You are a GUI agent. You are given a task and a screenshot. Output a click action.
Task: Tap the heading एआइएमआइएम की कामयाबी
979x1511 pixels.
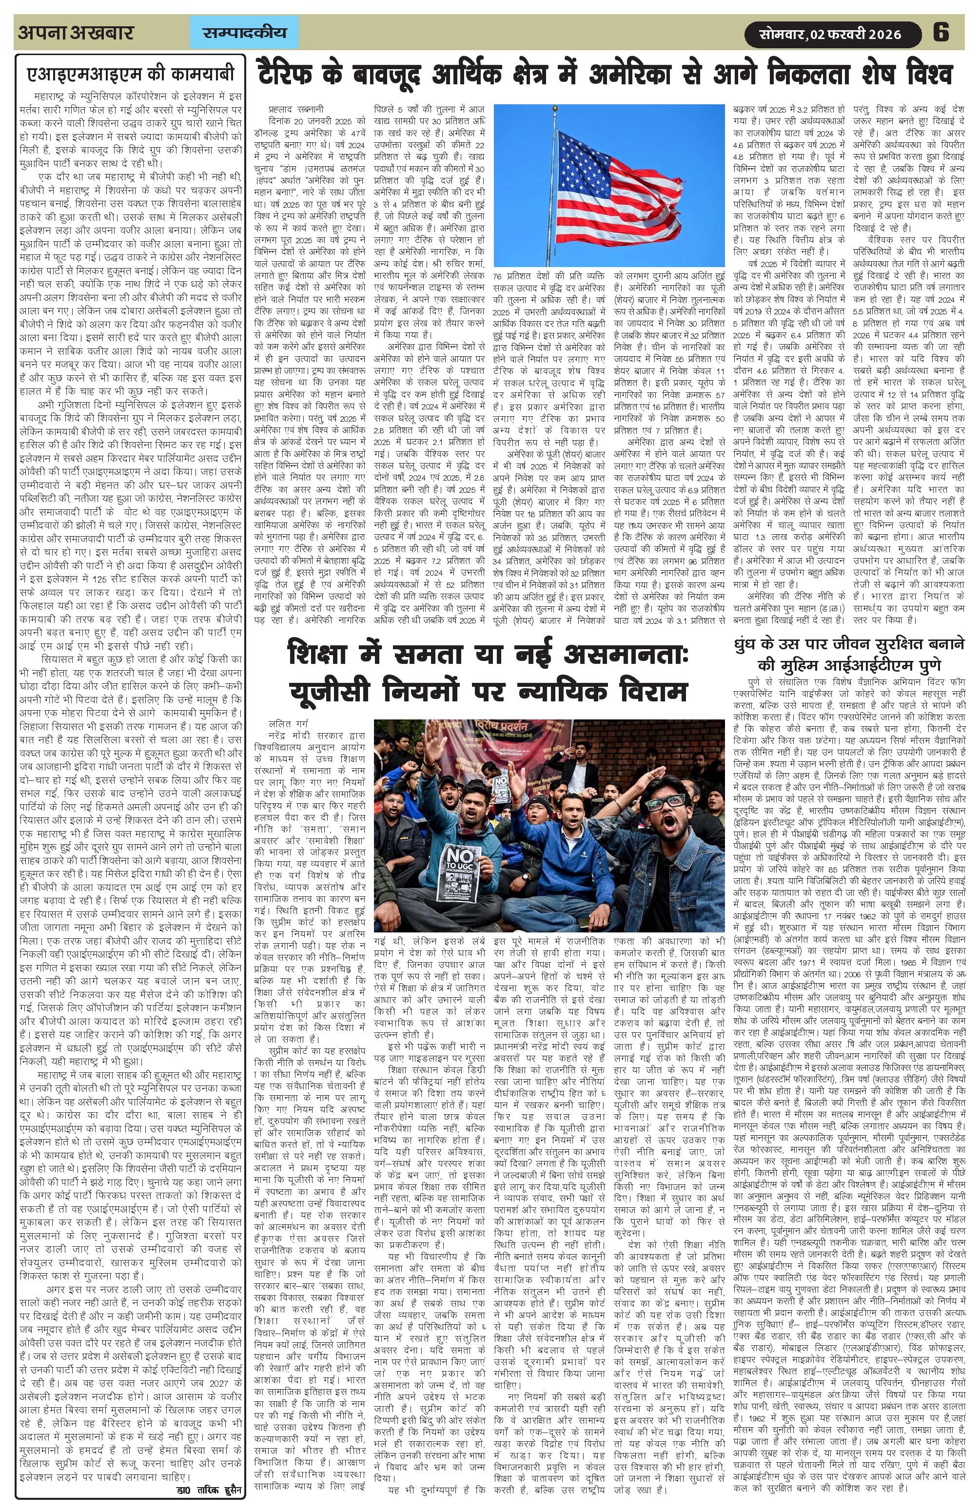[130, 74]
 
